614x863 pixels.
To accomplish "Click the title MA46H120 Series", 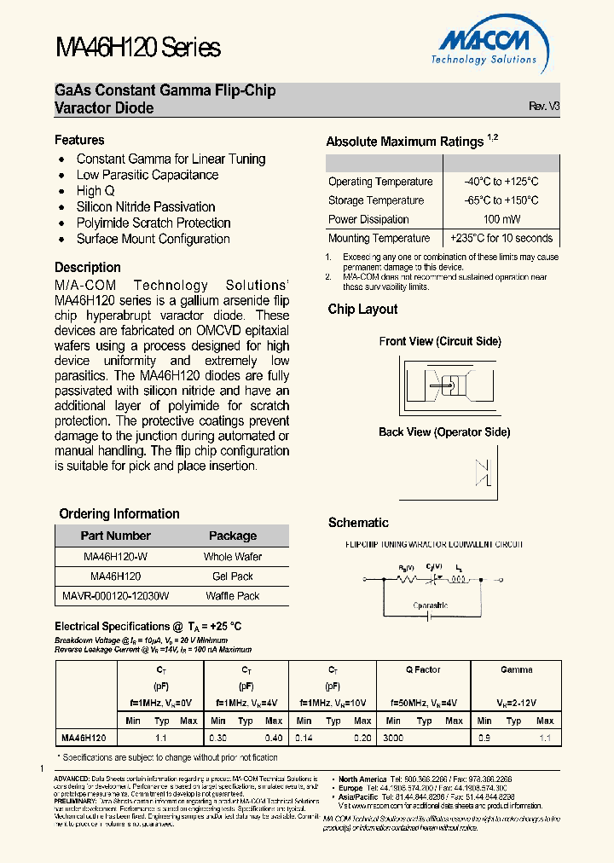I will (x=137, y=48).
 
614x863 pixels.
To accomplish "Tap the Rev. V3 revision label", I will (x=544, y=107).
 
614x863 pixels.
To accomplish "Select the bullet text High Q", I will (x=96, y=191).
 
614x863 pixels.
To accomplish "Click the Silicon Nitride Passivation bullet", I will (x=146, y=207).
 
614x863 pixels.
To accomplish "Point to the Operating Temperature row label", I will (x=380, y=182).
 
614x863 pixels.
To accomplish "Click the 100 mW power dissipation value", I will (x=501, y=219).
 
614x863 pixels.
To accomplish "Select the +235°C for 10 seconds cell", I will (x=501, y=239).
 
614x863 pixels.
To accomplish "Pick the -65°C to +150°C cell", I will (x=501, y=200).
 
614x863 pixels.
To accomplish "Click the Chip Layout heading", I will (x=362, y=310).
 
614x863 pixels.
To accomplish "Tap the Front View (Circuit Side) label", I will (x=439, y=342).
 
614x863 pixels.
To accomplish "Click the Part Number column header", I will (x=115, y=536).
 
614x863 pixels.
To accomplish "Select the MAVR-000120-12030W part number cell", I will (x=115, y=596).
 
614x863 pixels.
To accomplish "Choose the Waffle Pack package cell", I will (x=232, y=596).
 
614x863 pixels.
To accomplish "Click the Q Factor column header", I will (x=423, y=670).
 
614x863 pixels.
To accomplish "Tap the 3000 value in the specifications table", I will (x=393, y=736).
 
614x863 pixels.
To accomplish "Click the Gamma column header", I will (x=516, y=670).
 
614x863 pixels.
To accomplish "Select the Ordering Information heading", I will (x=119, y=514).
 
